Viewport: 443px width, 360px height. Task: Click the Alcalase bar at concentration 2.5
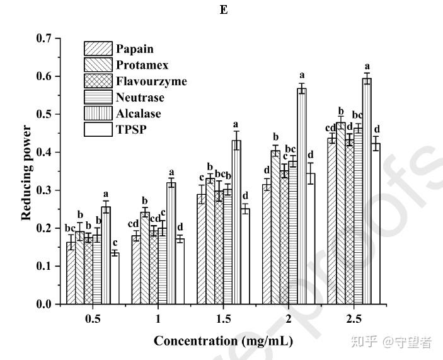click(x=367, y=192)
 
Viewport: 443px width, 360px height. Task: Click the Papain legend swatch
click(x=98, y=49)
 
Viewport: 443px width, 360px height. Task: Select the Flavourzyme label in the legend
click(x=151, y=81)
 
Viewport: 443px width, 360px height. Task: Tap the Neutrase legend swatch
click(x=98, y=98)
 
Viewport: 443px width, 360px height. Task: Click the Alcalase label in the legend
click(x=138, y=113)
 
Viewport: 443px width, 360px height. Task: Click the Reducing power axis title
click(x=26, y=171)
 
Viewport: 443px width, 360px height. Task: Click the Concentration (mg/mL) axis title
click(x=223, y=341)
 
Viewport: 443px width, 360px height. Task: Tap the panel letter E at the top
click(x=223, y=11)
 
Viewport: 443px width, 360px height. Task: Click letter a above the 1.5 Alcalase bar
click(x=236, y=124)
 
